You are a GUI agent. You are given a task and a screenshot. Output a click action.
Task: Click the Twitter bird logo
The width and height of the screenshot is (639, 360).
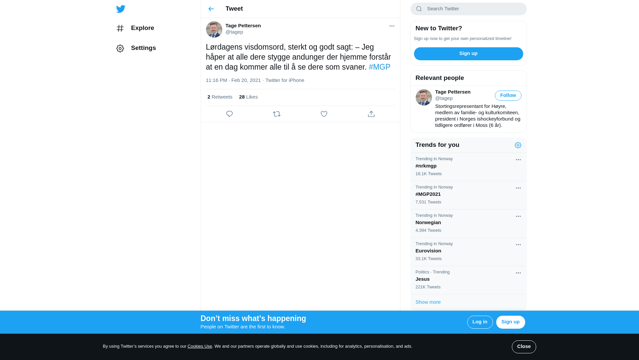pyautogui.click(x=120, y=9)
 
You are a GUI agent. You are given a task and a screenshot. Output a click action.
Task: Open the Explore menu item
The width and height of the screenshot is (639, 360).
pyautogui.click(x=142, y=28)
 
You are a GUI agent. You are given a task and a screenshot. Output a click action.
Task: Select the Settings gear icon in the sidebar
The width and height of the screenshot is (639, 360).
pyautogui.click(x=120, y=49)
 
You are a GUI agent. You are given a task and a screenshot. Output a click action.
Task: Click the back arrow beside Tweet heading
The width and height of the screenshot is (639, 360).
pyautogui.click(x=211, y=9)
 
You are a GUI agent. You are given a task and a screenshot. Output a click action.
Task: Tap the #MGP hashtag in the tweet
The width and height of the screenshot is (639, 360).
pyautogui.click(x=379, y=67)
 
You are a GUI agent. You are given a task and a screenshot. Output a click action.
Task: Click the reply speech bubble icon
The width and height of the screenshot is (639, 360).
pyautogui.click(x=229, y=114)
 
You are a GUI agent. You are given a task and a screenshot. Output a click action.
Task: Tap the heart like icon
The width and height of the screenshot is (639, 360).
pyautogui.click(x=324, y=114)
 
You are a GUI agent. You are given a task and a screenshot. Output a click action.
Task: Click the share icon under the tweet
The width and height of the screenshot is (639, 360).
pyautogui.click(x=371, y=114)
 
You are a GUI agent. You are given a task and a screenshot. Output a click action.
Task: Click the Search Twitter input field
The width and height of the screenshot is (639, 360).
pyautogui.click(x=473, y=9)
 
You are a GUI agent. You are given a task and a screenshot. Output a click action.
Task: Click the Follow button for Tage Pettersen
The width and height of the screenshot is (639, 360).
pyautogui.click(x=508, y=96)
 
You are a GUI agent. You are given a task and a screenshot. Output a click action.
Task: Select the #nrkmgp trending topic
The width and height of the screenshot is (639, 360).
pyautogui.click(x=426, y=166)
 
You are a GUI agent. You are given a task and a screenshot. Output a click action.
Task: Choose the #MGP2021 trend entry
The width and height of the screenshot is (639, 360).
pyautogui.click(x=428, y=194)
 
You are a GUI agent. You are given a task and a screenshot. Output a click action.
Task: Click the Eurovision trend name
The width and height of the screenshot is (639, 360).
pyautogui.click(x=428, y=251)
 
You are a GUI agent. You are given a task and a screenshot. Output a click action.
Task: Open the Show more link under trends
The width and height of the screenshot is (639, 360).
pyautogui.click(x=428, y=302)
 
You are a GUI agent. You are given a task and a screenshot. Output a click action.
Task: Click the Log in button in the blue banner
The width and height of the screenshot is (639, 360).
pyautogui.click(x=480, y=322)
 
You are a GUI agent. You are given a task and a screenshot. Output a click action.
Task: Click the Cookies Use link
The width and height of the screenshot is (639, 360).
pyautogui.click(x=200, y=346)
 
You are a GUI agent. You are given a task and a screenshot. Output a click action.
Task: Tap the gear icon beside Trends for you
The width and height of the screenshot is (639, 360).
pyautogui.click(x=518, y=145)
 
